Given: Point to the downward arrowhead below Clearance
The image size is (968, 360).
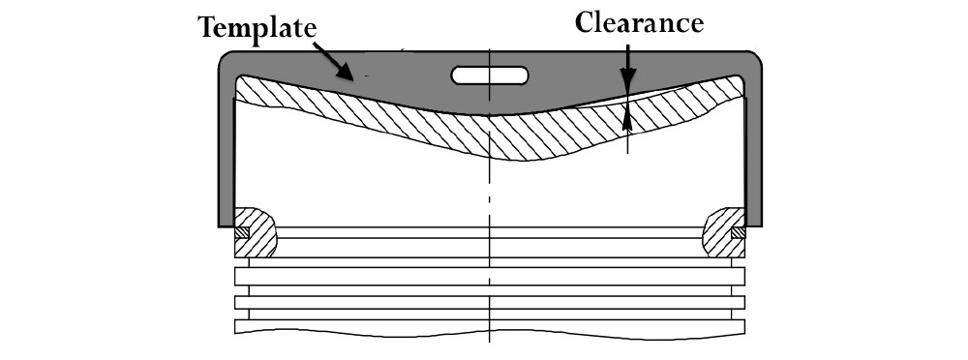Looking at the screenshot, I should pos(627,85).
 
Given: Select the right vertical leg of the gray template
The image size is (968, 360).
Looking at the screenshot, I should pos(754,145).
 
